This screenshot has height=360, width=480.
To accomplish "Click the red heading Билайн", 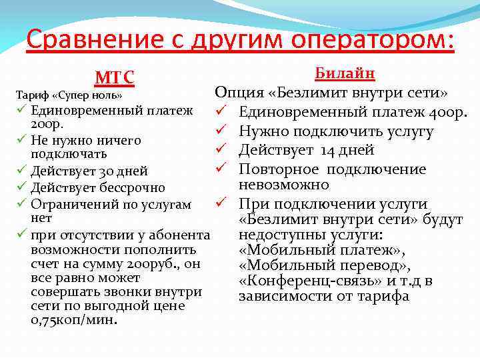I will [345, 73].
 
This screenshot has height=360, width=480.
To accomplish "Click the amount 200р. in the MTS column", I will [45, 124].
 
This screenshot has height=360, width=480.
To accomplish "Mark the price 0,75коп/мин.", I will [74, 320].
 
